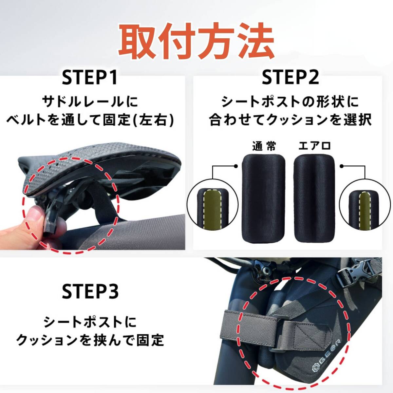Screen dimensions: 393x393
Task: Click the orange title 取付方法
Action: pos(197,41)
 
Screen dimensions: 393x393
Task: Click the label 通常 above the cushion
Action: pos(264,146)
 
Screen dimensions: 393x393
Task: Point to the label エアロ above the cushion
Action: pos(314,146)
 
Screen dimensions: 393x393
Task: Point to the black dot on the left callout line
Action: pos(236,166)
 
